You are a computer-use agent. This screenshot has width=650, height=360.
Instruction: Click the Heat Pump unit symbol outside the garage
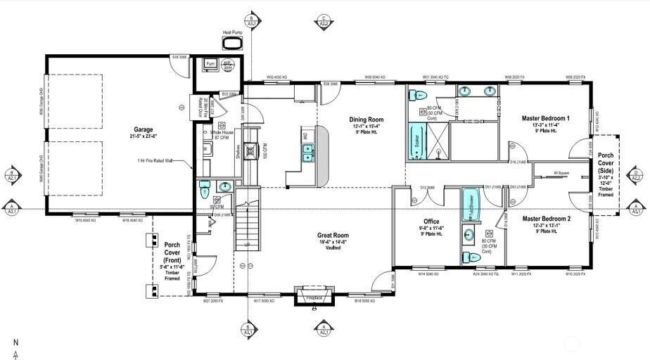pyautogui.click(x=231, y=44)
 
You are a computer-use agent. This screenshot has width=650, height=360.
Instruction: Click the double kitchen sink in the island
pyautogui.click(x=307, y=153)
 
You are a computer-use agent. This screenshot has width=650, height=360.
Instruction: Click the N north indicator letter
pyautogui.click(x=15, y=342)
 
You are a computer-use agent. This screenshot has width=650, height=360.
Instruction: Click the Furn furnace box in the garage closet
pyautogui.click(x=210, y=65)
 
